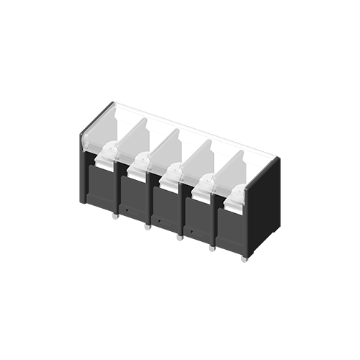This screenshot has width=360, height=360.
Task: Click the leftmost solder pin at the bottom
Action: click(115, 215)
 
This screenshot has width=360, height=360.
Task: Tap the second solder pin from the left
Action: click(147, 226)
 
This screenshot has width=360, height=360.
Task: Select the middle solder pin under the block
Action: click(179, 237)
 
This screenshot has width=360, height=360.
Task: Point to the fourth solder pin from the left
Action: click(212, 248)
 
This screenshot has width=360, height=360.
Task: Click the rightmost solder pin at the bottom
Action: click(244, 258)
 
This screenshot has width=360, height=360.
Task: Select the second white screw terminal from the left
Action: click(138, 165)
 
